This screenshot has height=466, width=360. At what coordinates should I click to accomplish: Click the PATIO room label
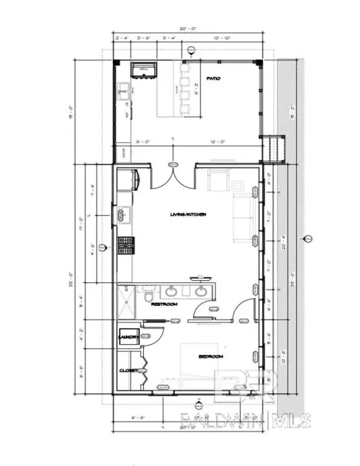tap(213, 79)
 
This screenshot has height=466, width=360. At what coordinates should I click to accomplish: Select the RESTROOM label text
tap(164, 304)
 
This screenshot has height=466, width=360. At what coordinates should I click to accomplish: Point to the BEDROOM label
tap(211, 357)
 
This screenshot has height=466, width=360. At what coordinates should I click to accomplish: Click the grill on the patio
tap(144, 69)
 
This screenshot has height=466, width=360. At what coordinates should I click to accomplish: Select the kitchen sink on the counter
tap(124, 213)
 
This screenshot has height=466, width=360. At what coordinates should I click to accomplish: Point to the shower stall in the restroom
tap(127, 302)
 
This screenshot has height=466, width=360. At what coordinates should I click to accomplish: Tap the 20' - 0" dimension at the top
tap(187, 27)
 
